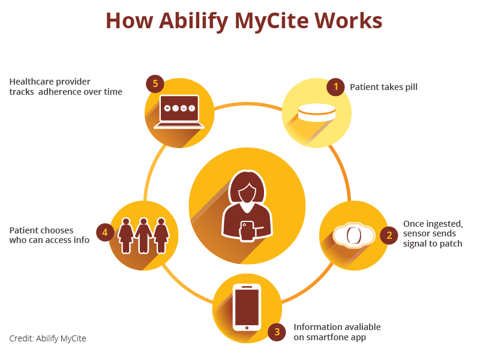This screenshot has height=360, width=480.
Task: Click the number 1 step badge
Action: click(x=335, y=87)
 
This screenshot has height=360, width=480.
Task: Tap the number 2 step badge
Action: click(x=389, y=235)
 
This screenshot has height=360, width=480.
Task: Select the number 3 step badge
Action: click(x=277, y=332)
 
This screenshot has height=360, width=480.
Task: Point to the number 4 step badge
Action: click(x=105, y=232)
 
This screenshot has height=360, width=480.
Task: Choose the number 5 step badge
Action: click(x=155, y=83)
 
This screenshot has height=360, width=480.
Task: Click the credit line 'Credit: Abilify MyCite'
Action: click(x=47, y=338)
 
